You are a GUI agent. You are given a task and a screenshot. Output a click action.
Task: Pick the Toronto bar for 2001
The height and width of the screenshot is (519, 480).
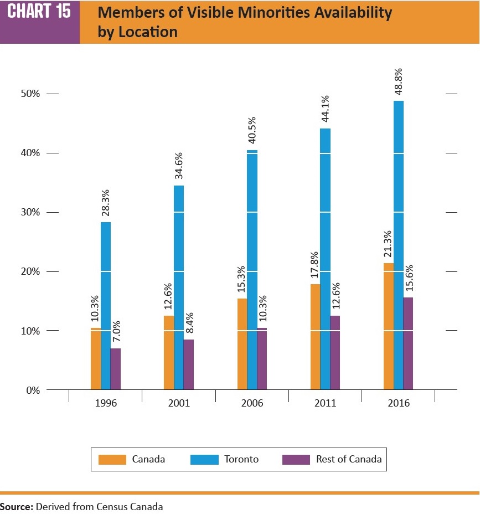pos(179,287)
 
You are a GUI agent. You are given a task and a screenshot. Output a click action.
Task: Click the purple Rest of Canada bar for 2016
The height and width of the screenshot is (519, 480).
pos(408,343)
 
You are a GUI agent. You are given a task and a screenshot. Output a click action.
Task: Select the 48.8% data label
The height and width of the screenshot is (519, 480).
pos(399,82)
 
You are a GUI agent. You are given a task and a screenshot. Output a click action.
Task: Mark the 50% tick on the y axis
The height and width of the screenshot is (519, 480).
pos(31,94)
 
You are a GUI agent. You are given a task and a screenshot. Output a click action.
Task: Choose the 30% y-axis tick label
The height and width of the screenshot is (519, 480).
pos(31,212)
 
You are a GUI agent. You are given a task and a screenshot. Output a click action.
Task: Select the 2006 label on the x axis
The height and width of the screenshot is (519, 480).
pos(252,403)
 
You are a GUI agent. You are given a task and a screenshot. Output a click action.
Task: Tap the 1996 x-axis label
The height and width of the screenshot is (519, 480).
pos(106,403)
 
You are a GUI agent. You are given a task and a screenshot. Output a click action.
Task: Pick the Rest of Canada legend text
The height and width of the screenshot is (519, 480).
pos(349,459)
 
